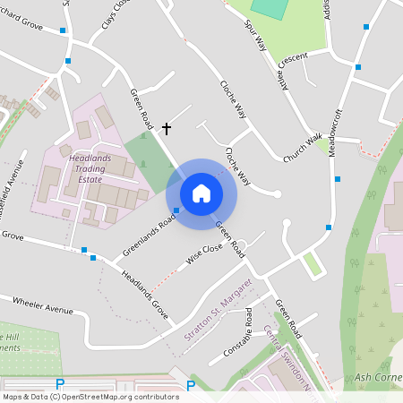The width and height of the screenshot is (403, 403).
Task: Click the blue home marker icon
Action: pyautogui.click(x=201, y=193)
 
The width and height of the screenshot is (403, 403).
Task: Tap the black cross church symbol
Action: pyautogui.click(x=166, y=129)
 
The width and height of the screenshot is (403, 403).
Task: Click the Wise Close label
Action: pyautogui.click(x=204, y=255)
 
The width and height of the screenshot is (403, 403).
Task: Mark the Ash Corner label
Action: pyautogui.click(x=378, y=377)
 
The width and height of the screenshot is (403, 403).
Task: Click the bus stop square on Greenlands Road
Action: pyautogui.click(x=176, y=210)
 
